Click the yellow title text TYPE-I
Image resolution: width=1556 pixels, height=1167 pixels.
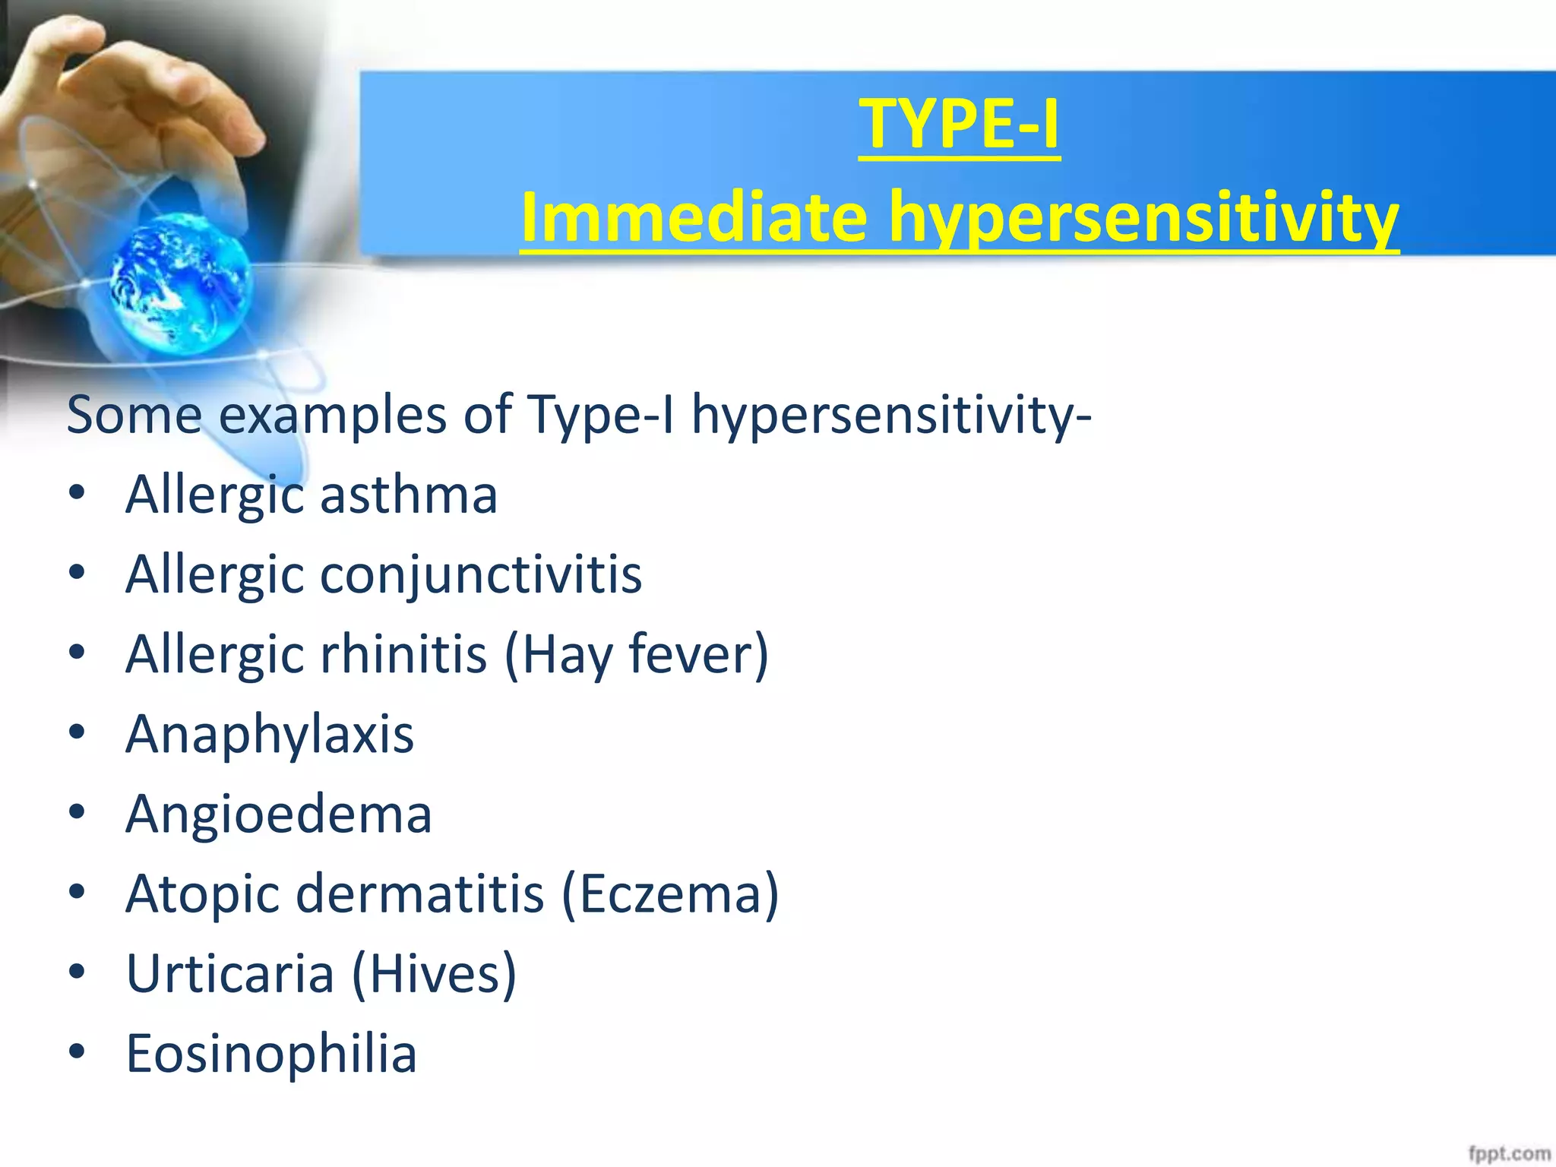pos(959,125)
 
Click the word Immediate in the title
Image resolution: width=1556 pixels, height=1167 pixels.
pos(694,218)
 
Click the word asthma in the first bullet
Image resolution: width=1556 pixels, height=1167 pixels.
pos(408,495)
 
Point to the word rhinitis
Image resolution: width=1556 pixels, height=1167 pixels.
pos(403,654)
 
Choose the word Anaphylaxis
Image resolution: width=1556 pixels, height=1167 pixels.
pos(270,735)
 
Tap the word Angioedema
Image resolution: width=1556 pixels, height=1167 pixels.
pos(279,814)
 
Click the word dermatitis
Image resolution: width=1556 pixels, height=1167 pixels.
pos(419,893)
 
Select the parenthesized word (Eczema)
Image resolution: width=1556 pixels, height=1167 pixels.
pos(670,895)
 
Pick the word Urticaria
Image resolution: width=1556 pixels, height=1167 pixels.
pos(229,974)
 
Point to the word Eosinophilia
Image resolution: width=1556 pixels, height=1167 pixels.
pos(271,1055)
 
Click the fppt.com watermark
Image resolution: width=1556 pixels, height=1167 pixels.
pos(1508,1153)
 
